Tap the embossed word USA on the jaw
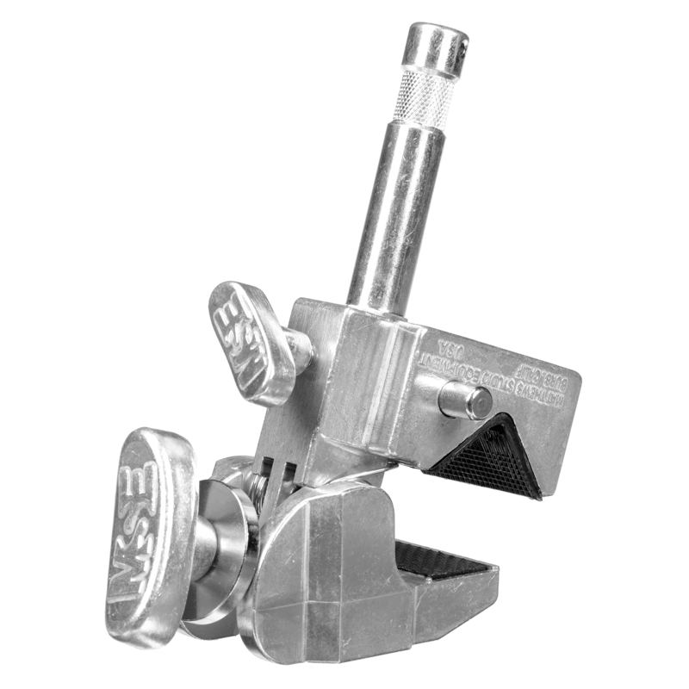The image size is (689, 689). point(450,349)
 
